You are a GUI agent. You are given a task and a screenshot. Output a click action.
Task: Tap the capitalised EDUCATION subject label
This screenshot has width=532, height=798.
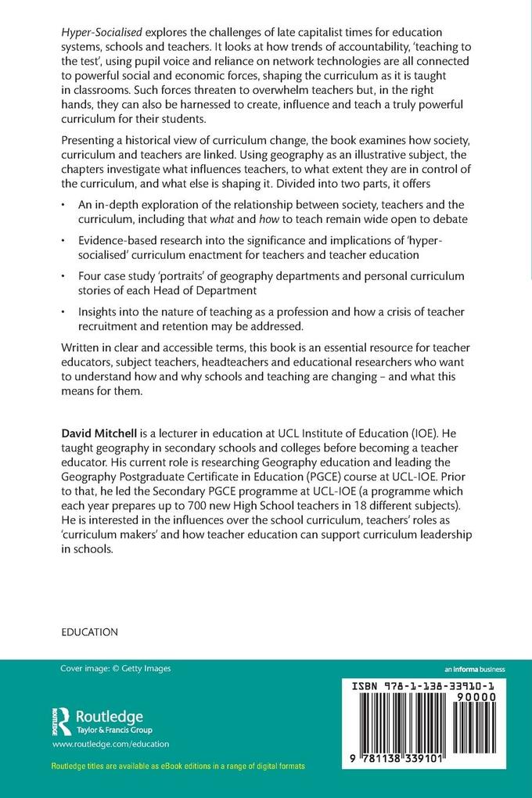pos(89,631)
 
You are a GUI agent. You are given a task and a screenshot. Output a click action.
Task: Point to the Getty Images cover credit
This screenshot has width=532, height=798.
pos(116,668)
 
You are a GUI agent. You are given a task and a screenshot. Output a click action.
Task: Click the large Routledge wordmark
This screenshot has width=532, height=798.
pos(109,717)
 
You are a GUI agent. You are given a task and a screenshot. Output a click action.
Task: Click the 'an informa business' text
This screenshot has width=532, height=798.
pos(474,669)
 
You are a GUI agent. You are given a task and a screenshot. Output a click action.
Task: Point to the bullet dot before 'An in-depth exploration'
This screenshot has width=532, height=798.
pos(63,207)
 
